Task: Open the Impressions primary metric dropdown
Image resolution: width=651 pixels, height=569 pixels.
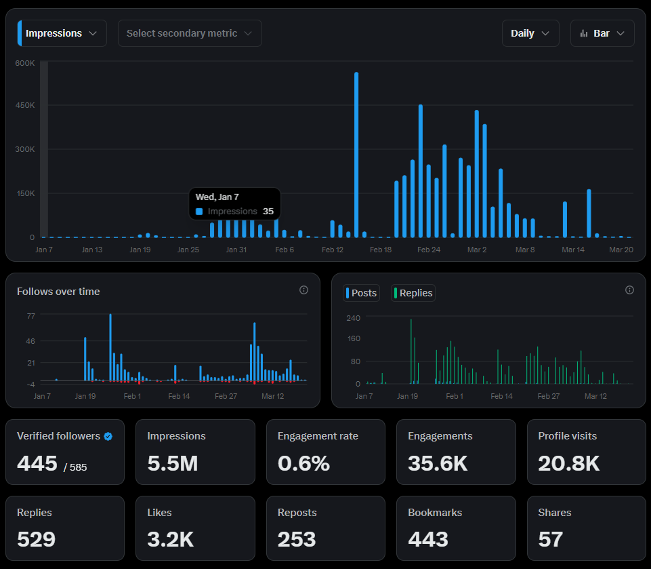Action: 62,33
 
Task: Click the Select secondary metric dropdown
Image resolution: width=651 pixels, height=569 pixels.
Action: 190,33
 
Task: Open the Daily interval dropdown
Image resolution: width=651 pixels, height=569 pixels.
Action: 530,33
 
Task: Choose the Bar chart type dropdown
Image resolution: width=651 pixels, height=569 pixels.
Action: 602,33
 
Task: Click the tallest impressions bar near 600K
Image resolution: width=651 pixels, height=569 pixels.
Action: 356,155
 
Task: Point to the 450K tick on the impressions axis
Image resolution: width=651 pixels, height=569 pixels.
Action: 25,105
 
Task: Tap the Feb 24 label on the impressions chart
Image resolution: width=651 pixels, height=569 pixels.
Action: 428,250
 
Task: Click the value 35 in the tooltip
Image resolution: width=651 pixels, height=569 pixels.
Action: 268,211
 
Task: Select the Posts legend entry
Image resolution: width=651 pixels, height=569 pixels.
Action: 361,293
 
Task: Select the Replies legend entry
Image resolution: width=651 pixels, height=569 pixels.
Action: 413,293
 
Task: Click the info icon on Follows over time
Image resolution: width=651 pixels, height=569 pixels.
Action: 304,290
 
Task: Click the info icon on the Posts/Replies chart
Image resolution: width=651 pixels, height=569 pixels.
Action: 629,290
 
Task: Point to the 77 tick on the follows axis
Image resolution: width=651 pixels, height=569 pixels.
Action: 31,316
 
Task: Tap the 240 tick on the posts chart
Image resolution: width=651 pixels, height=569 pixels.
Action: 354,318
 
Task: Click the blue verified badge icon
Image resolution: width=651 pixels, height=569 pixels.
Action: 108,436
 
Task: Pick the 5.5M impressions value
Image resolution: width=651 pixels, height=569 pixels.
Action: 173,463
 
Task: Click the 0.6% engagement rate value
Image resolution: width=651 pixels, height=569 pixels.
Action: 303,463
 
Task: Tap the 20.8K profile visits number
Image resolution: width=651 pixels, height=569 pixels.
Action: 569,463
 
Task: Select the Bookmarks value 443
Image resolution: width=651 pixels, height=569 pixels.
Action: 428,539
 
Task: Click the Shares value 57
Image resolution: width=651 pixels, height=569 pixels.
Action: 551,539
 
